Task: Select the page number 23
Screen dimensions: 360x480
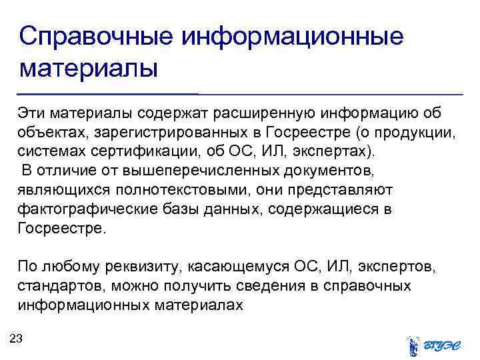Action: point(17,339)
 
